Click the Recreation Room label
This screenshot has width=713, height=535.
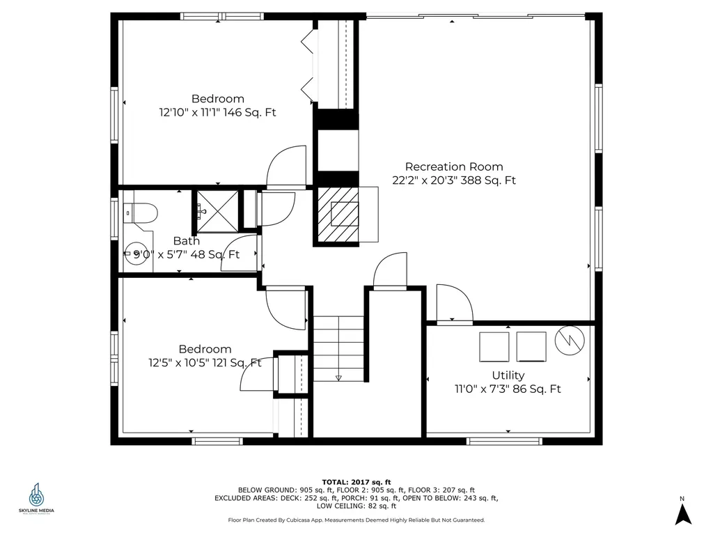coord(453,166)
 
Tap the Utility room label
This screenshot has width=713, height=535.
coord(508,375)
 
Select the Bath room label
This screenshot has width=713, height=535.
coord(186,241)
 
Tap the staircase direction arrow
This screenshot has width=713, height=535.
coord(338,377)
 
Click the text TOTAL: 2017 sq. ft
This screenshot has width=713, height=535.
coord(356,482)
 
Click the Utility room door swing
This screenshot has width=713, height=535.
coord(453,304)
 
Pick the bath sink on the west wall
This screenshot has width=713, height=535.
coord(130,254)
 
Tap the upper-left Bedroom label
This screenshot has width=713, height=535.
coord(218,99)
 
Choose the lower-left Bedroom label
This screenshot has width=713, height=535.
coord(205,349)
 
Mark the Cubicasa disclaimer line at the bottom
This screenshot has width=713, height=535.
coord(356,520)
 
